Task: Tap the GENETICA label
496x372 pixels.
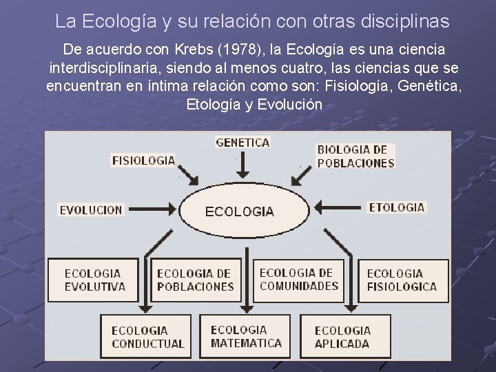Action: [242, 143]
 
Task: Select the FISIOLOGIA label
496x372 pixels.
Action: [143, 160]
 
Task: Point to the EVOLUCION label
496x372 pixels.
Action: [91, 209]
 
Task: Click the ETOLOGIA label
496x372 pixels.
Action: [397, 207]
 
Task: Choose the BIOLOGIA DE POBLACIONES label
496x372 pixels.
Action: [355, 156]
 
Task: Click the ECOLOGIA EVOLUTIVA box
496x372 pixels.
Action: [95, 280]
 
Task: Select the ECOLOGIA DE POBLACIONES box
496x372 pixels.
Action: [195, 280]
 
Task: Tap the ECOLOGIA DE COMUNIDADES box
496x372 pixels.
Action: [299, 279]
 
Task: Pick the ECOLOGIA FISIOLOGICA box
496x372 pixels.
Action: [402, 280]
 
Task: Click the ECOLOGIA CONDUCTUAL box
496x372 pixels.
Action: [148, 337]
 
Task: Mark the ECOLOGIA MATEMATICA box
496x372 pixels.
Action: [246, 336]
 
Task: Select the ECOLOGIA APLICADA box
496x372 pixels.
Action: [342, 337]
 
